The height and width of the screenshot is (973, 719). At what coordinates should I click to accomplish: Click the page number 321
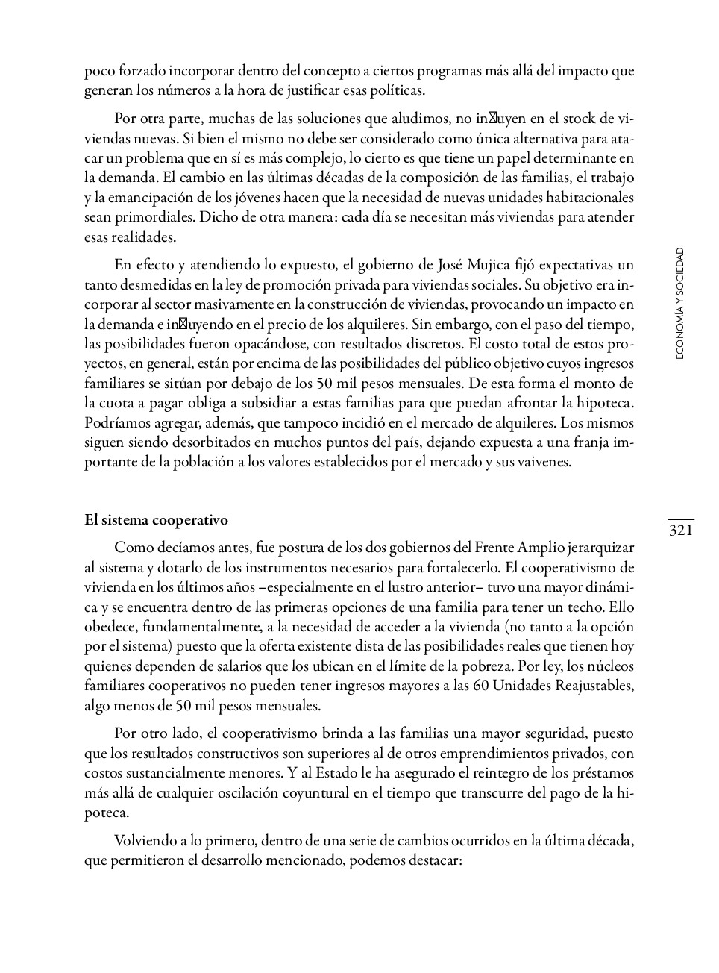point(680,531)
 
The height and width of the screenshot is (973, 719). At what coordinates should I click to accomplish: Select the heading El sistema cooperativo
point(156,520)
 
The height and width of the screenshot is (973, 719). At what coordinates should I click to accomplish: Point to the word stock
point(580,119)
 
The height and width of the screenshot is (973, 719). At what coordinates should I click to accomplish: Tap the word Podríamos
point(116,422)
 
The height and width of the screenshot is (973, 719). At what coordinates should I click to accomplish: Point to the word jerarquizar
point(600,547)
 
